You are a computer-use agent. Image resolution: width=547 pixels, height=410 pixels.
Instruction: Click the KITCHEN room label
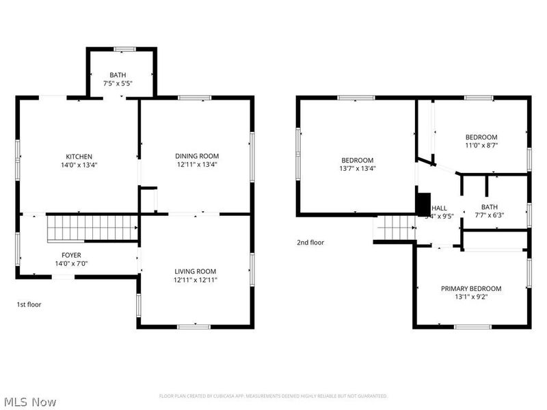pyautogui.click(x=79, y=156)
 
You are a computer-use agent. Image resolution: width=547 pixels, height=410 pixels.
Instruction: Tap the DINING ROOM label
pyautogui.click(x=197, y=156)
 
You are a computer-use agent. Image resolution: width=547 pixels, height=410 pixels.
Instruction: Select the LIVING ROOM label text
pyautogui.click(x=195, y=271)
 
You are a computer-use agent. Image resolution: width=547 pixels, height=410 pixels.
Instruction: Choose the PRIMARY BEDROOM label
pyautogui.click(x=471, y=288)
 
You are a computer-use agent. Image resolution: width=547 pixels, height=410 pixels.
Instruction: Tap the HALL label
pyautogui.click(x=440, y=208)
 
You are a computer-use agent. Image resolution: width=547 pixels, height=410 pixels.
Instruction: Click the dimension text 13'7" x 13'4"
pyautogui.click(x=358, y=168)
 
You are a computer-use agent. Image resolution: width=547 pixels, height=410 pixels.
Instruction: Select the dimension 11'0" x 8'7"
pyautogui.click(x=481, y=145)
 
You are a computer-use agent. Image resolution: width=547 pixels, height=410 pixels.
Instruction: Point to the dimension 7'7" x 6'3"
pyautogui.click(x=489, y=215)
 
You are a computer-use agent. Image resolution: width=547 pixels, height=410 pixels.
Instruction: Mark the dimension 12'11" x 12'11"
pyautogui.click(x=195, y=279)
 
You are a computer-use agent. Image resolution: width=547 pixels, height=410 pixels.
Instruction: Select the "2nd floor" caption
pyautogui.click(x=310, y=243)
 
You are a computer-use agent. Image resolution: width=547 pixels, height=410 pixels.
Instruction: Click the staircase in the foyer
pyautogui.click(x=92, y=228)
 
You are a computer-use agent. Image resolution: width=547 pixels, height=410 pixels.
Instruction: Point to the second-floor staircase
pyautogui.click(x=395, y=228)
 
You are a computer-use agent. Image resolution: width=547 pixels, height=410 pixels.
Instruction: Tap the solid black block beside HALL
pyautogui.click(x=423, y=204)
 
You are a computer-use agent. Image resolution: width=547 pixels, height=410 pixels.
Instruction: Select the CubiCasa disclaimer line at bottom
pyautogui.click(x=273, y=396)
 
